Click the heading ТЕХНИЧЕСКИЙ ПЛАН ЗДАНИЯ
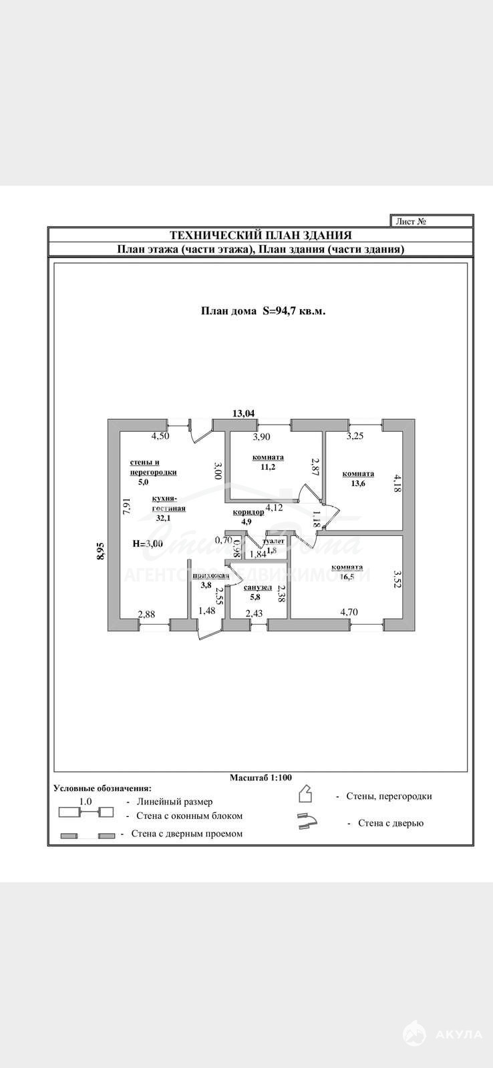click(261, 235)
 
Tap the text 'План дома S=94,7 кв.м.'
click(263, 310)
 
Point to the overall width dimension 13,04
click(243, 413)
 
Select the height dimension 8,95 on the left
click(100, 553)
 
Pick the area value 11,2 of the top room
click(268, 467)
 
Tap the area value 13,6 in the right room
click(358, 484)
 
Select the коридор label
click(249, 512)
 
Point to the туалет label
click(275, 541)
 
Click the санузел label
click(258, 587)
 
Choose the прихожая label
click(210, 575)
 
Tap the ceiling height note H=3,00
click(148, 543)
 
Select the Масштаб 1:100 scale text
click(261, 778)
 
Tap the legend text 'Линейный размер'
click(174, 802)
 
